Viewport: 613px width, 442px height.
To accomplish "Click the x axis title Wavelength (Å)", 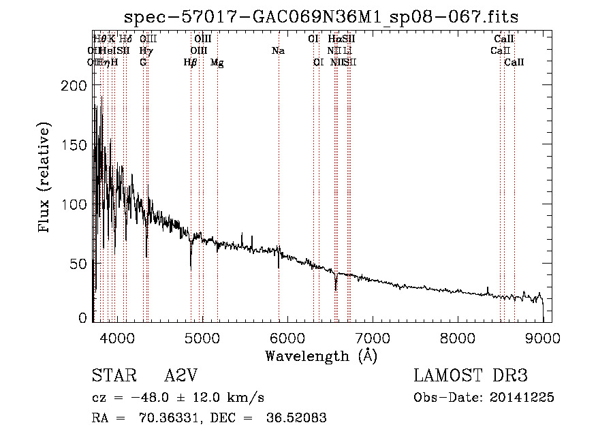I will (x=321, y=355).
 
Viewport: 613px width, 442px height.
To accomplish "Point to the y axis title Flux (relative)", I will (x=46, y=178).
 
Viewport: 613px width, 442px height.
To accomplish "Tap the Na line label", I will (x=278, y=51).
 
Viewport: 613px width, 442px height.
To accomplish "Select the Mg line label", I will (x=217, y=63).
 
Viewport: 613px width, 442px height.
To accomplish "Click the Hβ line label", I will (x=191, y=63).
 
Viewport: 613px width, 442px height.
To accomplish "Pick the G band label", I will (x=143, y=63).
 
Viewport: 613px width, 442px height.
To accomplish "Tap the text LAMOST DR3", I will (x=471, y=376).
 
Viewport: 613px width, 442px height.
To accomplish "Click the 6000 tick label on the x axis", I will (x=287, y=337).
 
